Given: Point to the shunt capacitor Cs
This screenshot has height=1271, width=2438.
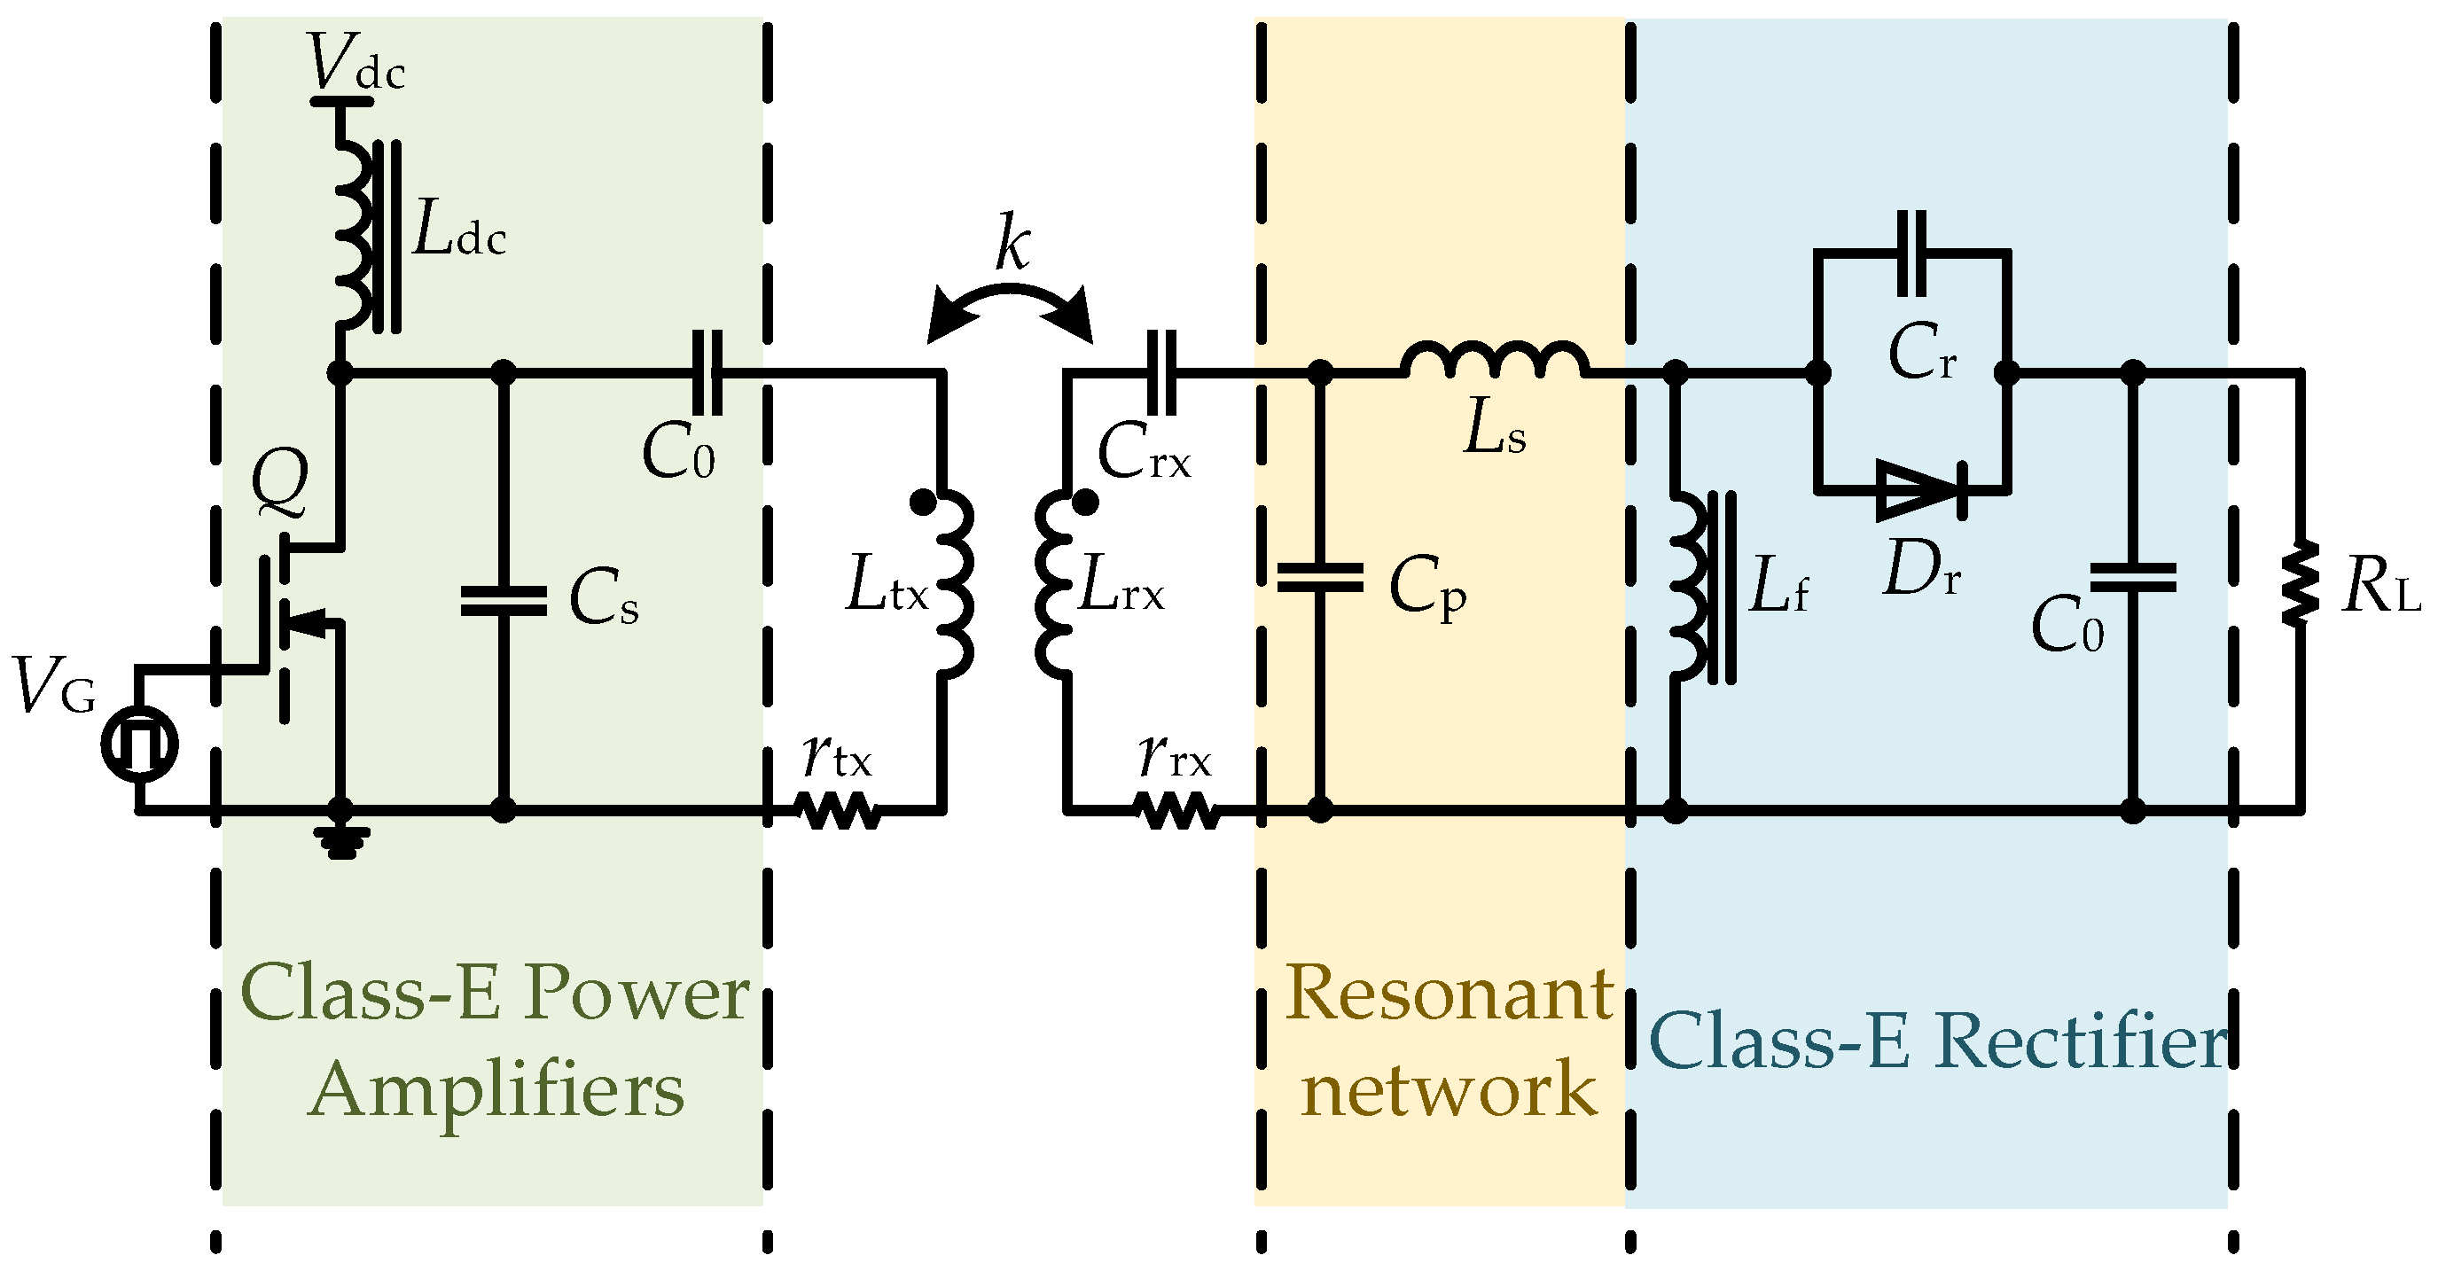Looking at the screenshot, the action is [504, 601].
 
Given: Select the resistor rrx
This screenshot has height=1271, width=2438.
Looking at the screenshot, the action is [1177, 811].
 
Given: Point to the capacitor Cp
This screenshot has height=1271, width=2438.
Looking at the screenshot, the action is [1320, 577].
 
